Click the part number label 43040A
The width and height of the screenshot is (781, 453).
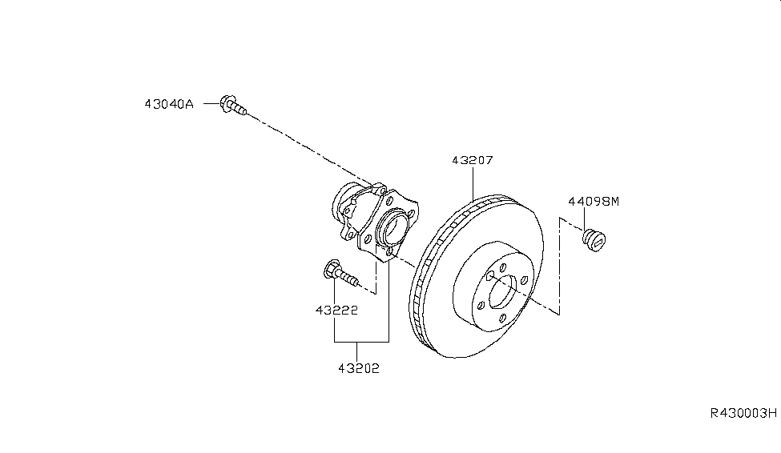pyautogui.click(x=169, y=104)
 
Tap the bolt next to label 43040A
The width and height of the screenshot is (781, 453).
pyautogui.click(x=232, y=106)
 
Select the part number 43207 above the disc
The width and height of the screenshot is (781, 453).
pyautogui.click(x=472, y=160)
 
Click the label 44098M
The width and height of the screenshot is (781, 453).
pyautogui.click(x=594, y=202)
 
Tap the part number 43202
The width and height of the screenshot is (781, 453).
pyautogui.click(x=358, y=368)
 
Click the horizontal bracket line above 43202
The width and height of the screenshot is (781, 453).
pyautogui.click(x=361, y=342)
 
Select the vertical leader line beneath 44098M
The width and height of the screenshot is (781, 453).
pyautogui.click(x=584, y=218)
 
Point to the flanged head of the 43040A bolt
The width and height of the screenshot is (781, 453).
pyautogui.click(x=227, y=104)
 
